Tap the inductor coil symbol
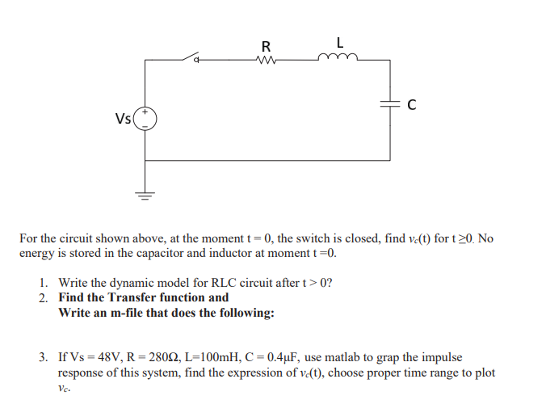(x=334, y=57)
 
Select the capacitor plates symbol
(x=391, y=103)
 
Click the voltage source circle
(x=146, y=120)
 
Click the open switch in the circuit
(x=191, y=57)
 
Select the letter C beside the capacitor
(x=412, y=103)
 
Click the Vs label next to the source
(x=124, y=120)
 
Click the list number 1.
(x=43, y=283)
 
